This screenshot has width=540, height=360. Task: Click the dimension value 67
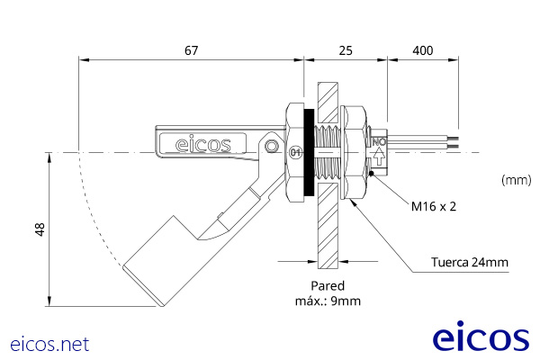pyautogui.click(x=191, y=50)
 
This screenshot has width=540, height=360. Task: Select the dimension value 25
pyautogui.click(x=346, y=50)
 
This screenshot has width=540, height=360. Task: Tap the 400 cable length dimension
pyautogui.click(x=423, y=50)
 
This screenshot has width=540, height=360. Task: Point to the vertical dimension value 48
pyautogui.click(x=39, y=229)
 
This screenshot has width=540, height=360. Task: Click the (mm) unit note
pyautogui.click(x=516, y=180)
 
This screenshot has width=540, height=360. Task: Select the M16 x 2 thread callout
pyautogui.click(x=434, y=206)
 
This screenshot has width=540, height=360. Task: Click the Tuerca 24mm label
pyautogui.click(x=470, y=263)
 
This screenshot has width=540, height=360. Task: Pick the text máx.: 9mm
pyautogui.click(x=328, y=301)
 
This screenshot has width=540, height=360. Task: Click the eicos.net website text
pyautogui.click(x=49, y=344)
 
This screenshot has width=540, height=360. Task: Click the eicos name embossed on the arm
pyautogui.click(x=202, y=142)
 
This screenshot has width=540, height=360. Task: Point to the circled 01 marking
pyautogui.click(x=294, y=152)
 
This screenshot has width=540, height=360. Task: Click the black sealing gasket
pyautogui.click(x=309, y=153)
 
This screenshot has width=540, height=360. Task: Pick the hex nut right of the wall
pyautogui.click(x=355, y=153)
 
